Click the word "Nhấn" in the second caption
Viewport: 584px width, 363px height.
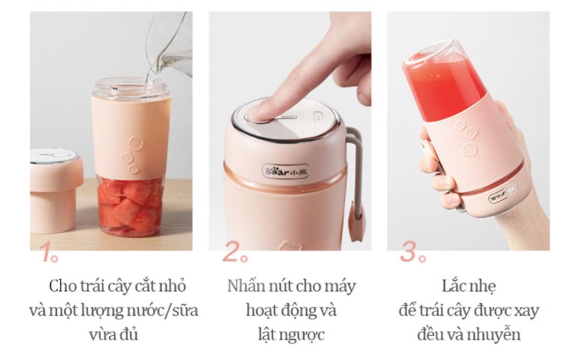click(x=244, y=286)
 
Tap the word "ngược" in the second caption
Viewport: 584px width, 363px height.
click(x=305, y=334)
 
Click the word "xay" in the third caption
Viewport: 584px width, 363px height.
click(x=528, y=310)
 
